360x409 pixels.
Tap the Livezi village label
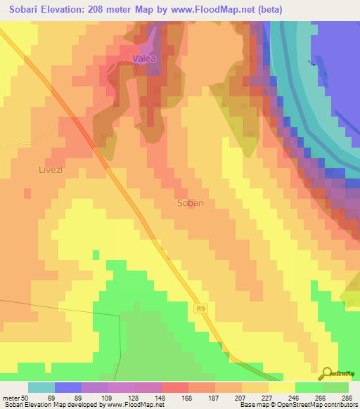click(51, 169)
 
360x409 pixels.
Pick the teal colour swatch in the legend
click(41, 387)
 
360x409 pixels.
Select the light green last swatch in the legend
click(335, 387)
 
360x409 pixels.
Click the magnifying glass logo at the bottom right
click(327, 373)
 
